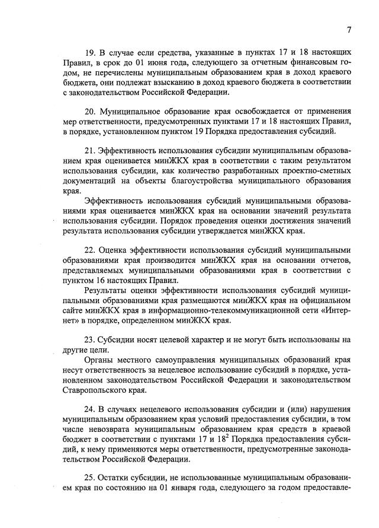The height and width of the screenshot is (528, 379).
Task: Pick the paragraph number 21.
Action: coord(92,151)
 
